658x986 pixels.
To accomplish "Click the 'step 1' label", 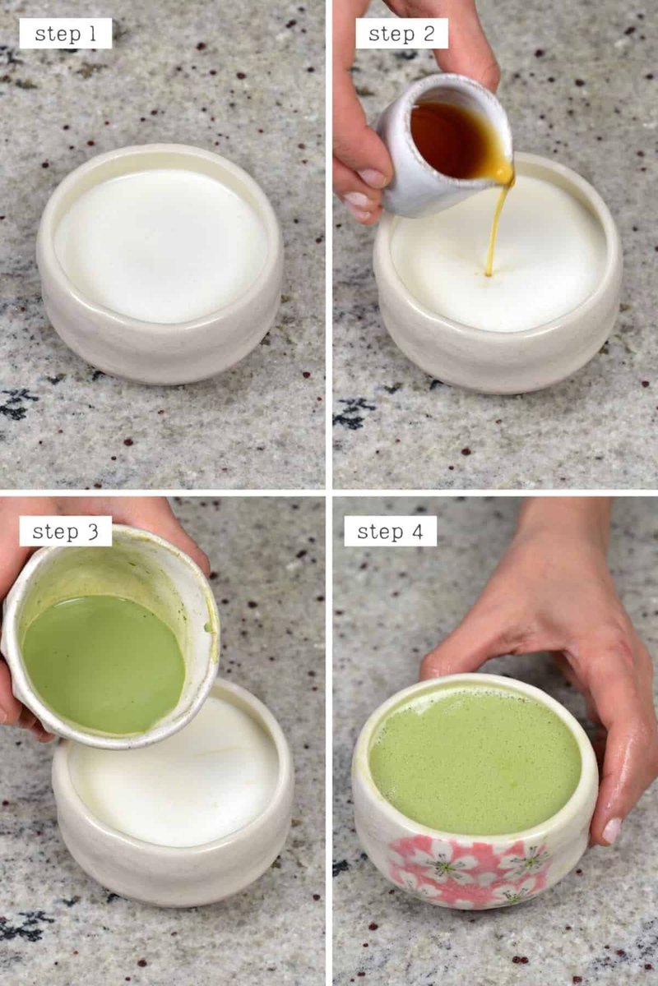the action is click(65, 34).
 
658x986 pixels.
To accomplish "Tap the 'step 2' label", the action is click(401, 34).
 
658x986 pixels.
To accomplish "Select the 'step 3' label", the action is click(65, 532).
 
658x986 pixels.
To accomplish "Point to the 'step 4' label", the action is click(390, 532).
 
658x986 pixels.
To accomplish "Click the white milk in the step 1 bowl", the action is click(161, 246).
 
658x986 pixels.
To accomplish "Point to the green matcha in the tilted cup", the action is click(104, 665).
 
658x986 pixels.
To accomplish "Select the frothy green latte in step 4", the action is click(475, 762).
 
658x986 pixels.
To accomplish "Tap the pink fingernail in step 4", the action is click(611, 831).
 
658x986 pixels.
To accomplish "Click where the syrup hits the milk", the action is click(488, 274).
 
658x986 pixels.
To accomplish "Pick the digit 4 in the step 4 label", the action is click(417, 532).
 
